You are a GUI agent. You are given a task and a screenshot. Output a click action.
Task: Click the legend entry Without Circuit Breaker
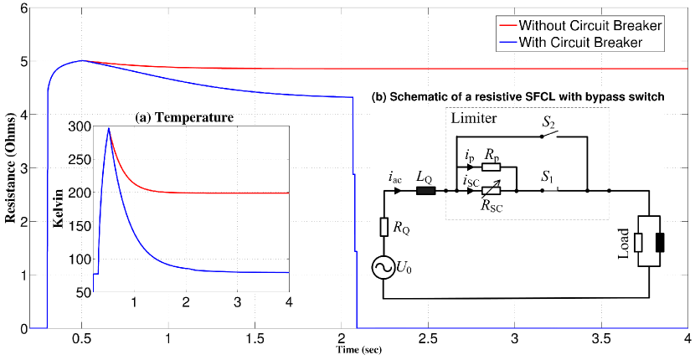(x=590, y=25)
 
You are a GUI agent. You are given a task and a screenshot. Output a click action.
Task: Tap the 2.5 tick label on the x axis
(x=428, y=340)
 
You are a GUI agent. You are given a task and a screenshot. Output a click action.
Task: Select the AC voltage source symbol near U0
(x=384, y=267)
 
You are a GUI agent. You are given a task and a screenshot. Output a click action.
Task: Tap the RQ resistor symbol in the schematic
(x=384, y=227)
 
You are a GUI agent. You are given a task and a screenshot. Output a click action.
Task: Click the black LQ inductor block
(x=426, y=191)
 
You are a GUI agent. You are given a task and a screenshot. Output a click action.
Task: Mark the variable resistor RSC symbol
(x=492, y=191)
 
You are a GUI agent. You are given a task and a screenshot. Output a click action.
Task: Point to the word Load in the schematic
(x=624, y=242)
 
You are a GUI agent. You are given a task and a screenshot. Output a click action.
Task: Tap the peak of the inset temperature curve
(x=108, y=128)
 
